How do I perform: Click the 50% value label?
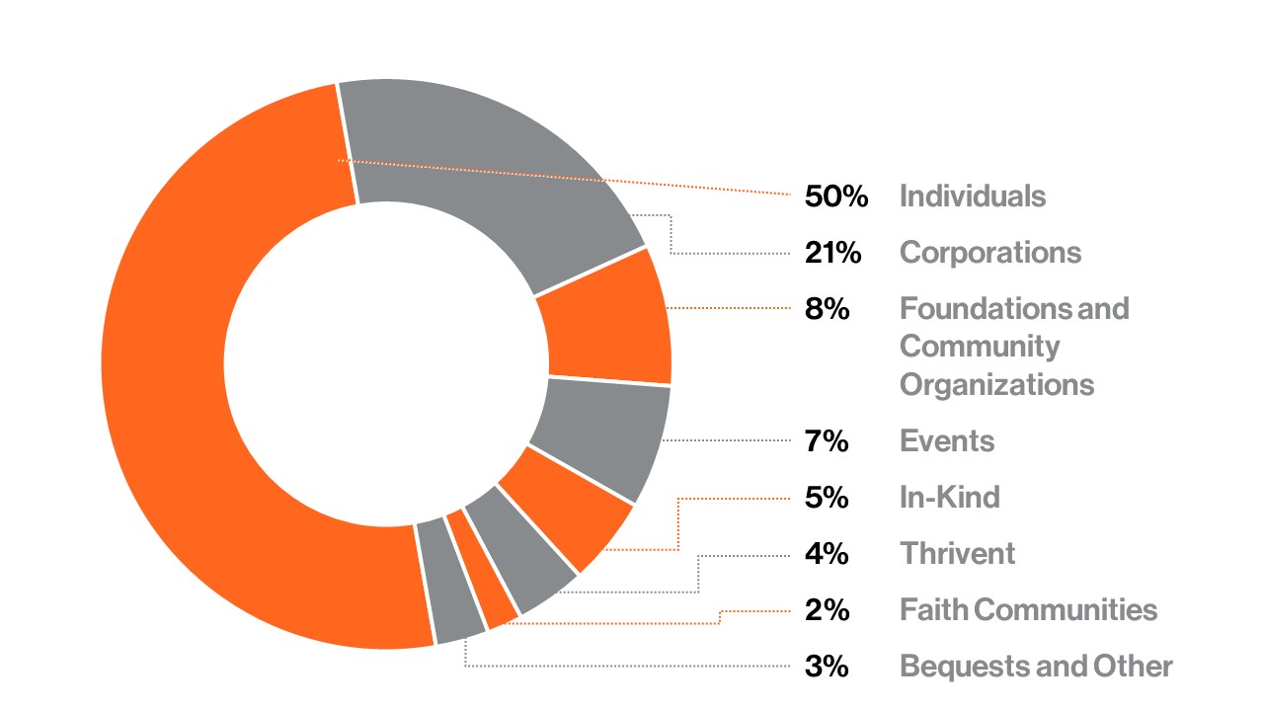(x=835, y=197)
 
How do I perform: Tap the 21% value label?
(x=832, y=253)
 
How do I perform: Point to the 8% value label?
(x=827, y=309)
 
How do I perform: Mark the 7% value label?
(x=827, y=440)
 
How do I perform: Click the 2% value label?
(x=827, y=610)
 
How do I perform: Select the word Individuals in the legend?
(x=972, y=197)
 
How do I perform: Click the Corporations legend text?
(x=989, y=253)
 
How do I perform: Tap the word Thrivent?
(x=957, y=553)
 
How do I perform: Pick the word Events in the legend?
(x=946, y=440)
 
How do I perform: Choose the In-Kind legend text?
(x=949, y=497)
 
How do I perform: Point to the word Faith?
(x=933, y=610)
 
